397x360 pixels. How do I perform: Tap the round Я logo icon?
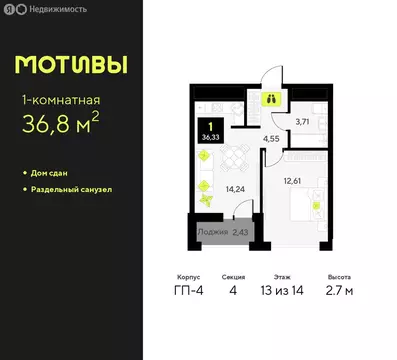(11, 9)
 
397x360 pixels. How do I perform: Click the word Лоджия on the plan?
(212, 233)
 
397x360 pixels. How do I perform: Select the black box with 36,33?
(210, 133)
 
